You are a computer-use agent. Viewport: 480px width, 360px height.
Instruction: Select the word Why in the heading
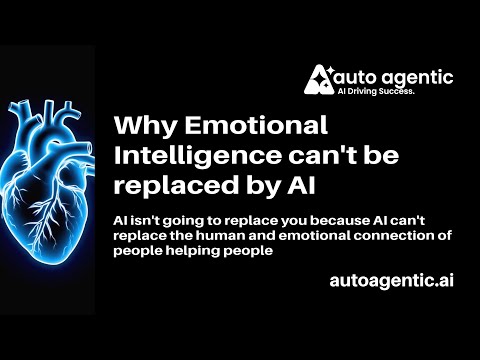[141, 127]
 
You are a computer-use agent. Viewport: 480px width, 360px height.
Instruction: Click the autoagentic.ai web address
[391, 282]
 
